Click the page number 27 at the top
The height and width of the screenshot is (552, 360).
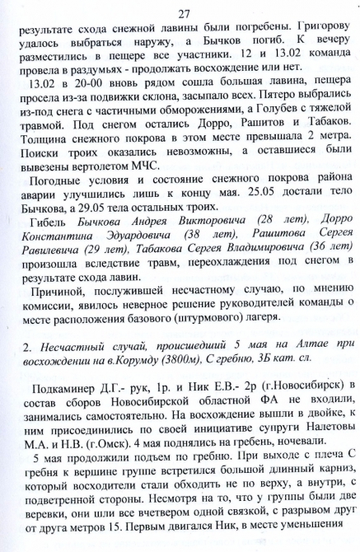(183, 11)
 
